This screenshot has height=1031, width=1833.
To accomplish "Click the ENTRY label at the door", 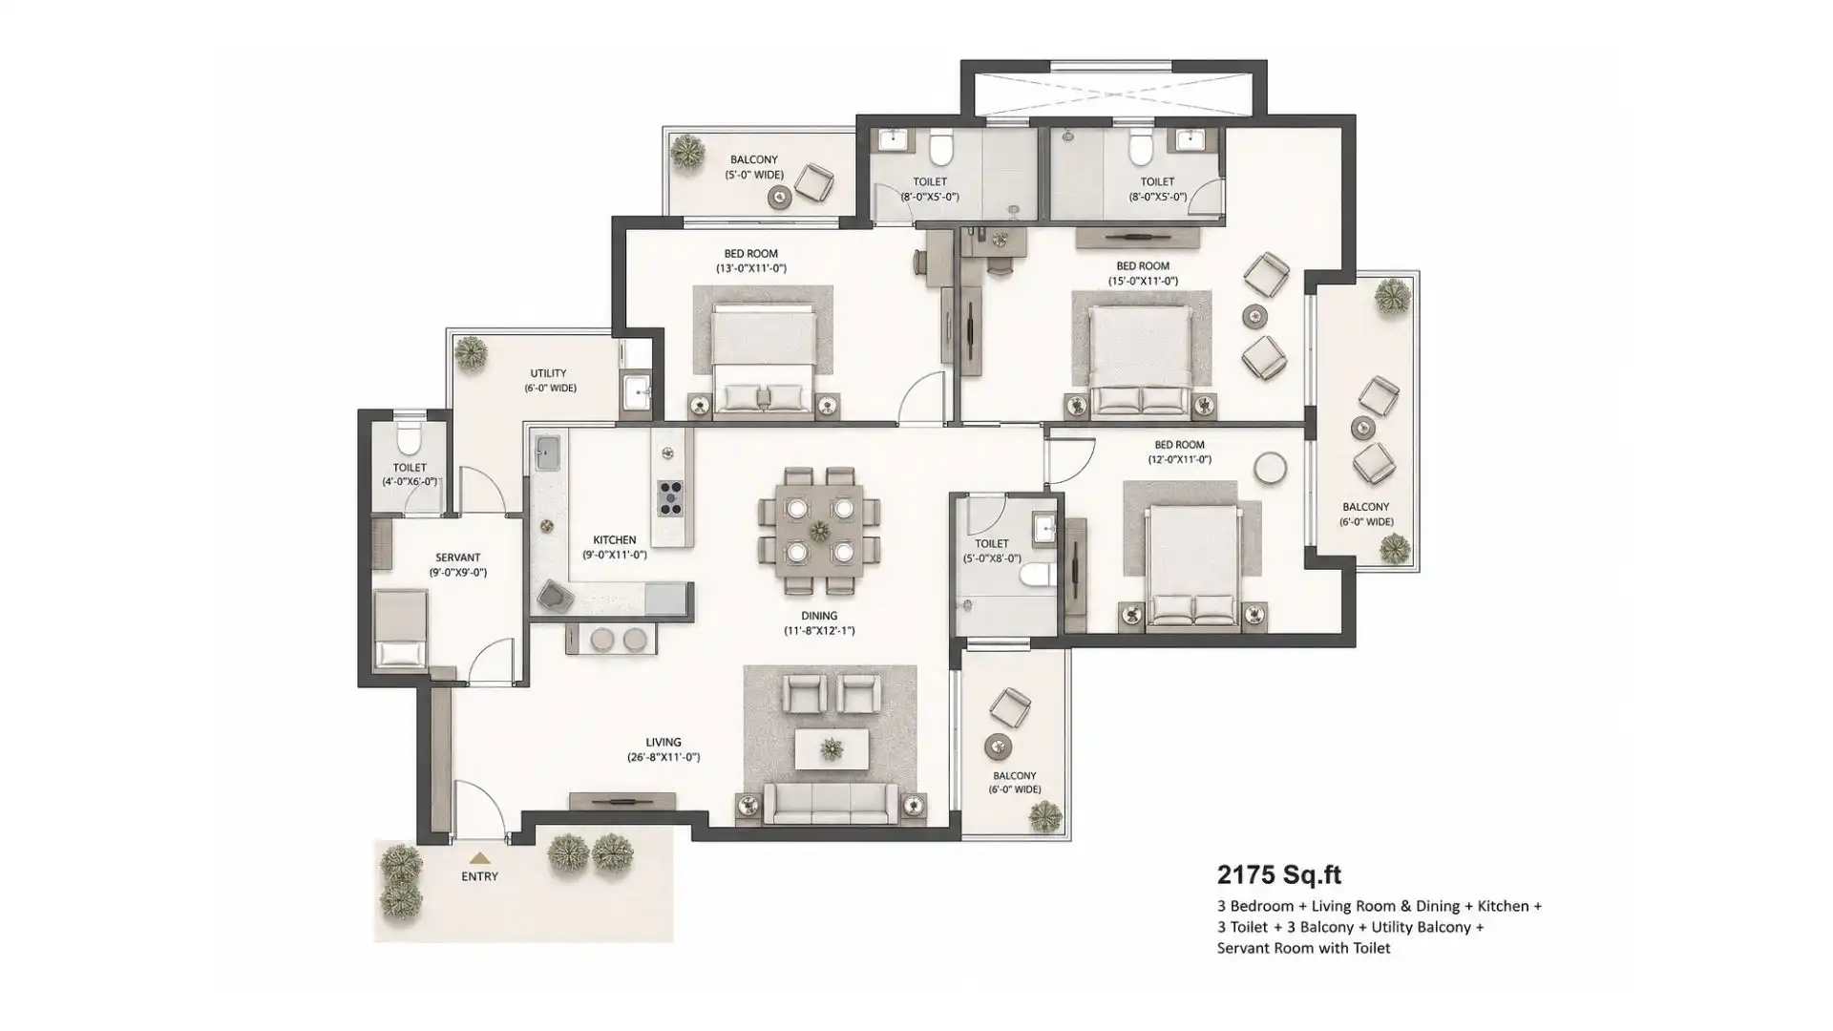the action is click(x=479, y=876).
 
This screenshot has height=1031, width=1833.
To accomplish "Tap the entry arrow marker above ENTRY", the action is click(x=479, y=858).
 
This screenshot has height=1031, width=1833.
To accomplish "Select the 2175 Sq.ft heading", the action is click(x=1279, y=874).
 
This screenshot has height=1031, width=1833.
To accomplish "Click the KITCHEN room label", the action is click(x=615, y=540).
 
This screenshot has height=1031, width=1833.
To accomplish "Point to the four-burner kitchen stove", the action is click(x=670, y=498).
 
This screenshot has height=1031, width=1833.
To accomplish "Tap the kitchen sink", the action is click(x=547, y=453).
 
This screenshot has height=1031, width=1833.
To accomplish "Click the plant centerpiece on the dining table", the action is click(x=820, y=531).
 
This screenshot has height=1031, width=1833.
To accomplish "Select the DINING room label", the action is click(x=819, y=616).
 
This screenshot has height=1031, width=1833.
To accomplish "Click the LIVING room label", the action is click(x=664, y=742).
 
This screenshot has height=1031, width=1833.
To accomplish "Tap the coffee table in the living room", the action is click(x=832, y=749).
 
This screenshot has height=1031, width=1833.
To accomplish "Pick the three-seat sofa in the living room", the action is click(x=832, y=804).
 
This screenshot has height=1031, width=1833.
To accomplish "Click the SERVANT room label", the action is click(x=458, y=558).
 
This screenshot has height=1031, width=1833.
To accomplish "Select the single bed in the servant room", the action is click(x=400, y=628).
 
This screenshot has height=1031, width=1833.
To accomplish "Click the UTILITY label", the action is click(x=549, y=373).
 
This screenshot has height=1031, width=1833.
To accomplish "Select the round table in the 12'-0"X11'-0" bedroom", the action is click(x=1270, y=468).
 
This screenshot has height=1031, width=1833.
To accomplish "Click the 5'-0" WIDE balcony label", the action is click(x=754, y=175).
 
